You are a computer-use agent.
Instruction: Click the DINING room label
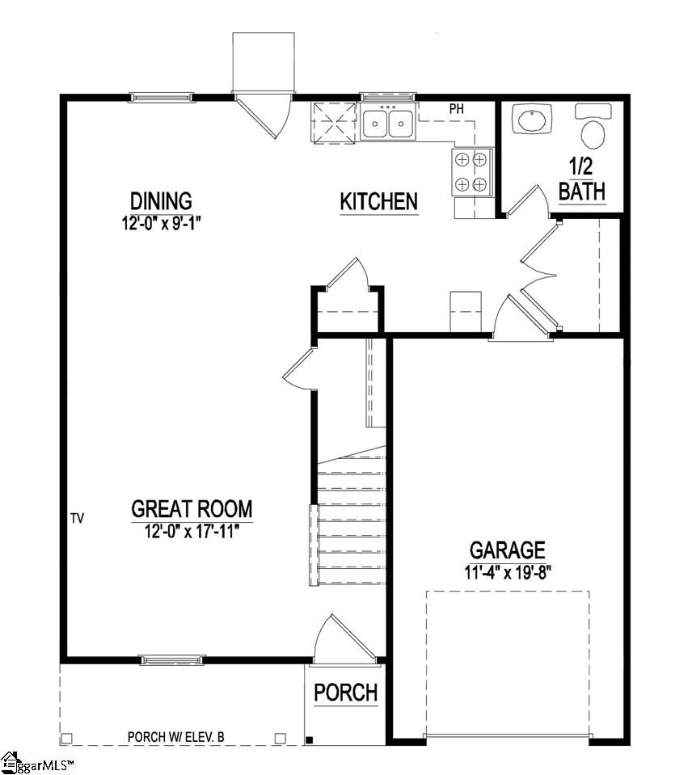[162, 200]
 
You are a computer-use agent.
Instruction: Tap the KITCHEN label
[378, 202]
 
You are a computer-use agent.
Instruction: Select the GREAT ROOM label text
[192, 509]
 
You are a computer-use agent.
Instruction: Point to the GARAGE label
[508, 551]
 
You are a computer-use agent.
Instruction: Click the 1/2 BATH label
[582, 179]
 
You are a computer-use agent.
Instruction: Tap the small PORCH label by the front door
[345, 693]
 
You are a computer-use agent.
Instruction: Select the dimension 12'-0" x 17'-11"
[192, 530]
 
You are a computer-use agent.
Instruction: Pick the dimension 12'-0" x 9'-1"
[162, 222]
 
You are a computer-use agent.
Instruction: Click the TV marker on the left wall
[78, 516]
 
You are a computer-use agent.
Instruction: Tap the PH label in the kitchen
[456, 107]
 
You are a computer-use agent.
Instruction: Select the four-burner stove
[471, 171]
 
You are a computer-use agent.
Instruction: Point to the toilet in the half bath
[593, 129]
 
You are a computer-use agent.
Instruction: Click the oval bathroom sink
[531, 121]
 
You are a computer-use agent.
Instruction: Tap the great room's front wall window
[172, 660]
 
